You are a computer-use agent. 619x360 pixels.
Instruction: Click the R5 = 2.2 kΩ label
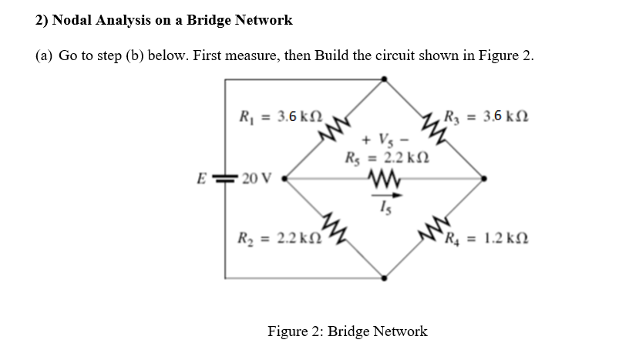383,159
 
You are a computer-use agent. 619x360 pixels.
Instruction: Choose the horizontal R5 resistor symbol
383,180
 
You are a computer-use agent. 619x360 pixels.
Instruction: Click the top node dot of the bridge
384,79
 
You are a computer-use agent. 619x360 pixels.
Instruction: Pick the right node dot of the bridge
483,179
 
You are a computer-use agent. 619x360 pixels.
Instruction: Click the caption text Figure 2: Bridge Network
347,331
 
